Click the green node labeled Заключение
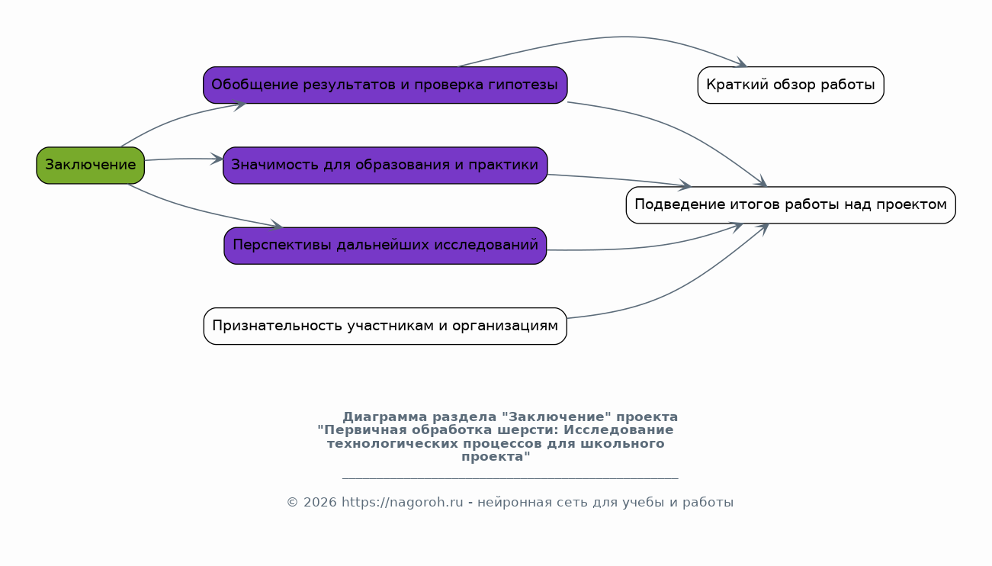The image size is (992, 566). coord(90,165)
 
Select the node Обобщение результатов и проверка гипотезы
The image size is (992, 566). coord(384,85)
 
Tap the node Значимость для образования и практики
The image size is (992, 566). coord(384,165)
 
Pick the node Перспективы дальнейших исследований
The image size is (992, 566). coord(384,246)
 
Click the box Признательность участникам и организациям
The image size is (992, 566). coord(384,326)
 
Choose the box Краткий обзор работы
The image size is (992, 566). coord(790,85)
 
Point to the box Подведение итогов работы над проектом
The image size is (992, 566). coord(790,205)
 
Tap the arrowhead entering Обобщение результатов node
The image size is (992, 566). coord(239,105)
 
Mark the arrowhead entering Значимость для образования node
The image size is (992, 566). coord(217,159)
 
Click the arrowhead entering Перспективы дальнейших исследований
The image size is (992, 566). coord(277,226)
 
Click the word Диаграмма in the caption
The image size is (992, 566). coord(384,417)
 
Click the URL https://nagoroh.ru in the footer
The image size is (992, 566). coord(402,503)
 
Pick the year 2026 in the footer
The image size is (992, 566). coord(319,503)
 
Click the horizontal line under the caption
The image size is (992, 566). coord(509,478)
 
